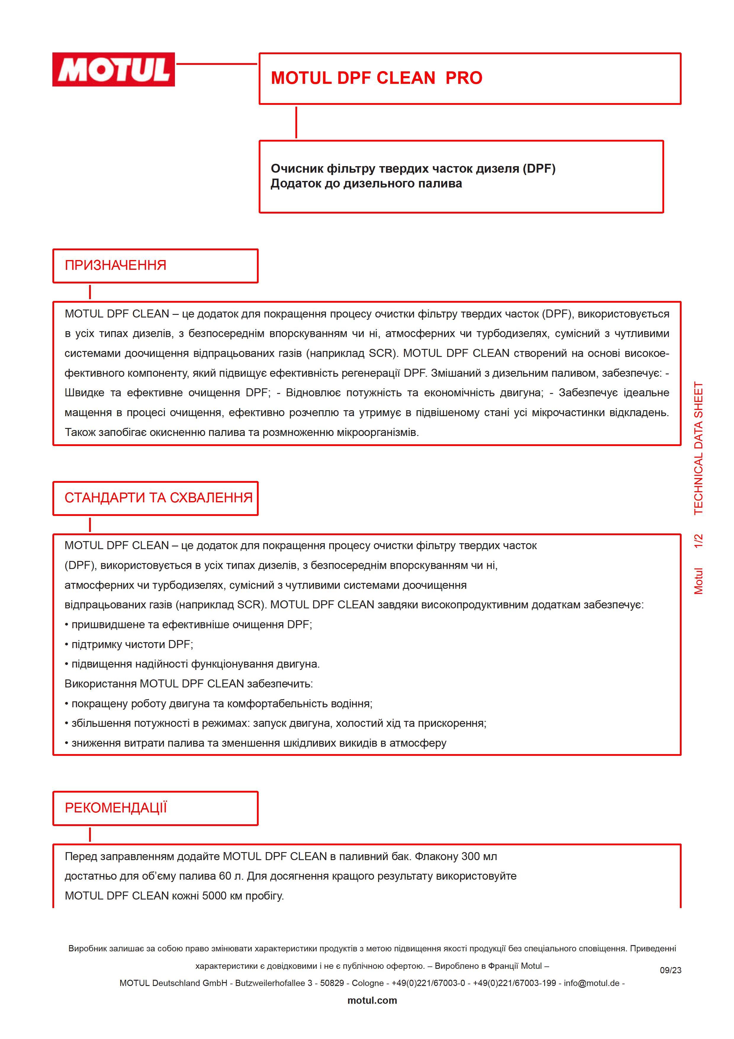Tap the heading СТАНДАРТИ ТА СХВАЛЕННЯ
tap(158, 498)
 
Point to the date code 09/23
tap(670, 970)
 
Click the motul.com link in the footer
tap(372, 1000)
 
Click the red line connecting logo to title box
tap(216, 64)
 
